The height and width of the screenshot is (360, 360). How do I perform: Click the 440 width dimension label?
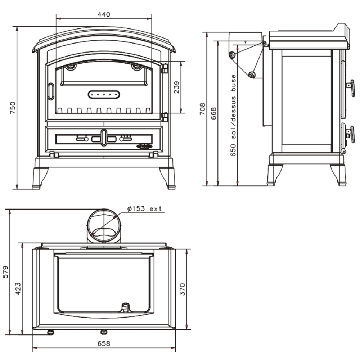coord(104,14)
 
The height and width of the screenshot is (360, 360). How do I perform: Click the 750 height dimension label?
coord(13,108)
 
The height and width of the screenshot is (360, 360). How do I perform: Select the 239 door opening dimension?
coord(176,87)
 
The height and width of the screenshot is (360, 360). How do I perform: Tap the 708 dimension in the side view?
coord(202,109)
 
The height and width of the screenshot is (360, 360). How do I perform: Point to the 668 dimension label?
coord(213,113)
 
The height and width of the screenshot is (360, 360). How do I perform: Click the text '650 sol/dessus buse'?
coord(233,116)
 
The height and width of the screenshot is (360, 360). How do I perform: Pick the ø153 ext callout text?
coord(144,209)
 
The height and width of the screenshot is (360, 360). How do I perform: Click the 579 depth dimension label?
coord(5,272)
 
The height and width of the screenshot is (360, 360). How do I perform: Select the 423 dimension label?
coord(18,289)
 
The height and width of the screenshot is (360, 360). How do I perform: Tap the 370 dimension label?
coord(182,289)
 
